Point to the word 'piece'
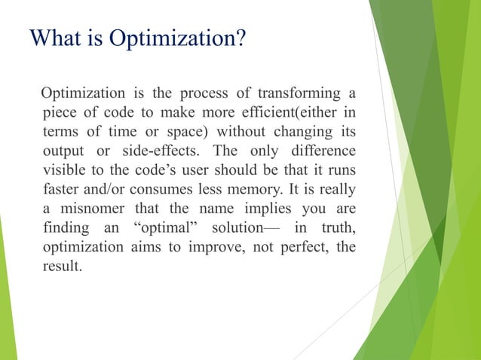pos(60,114)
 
